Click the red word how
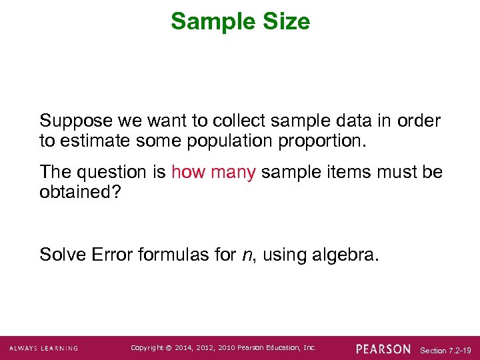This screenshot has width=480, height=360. pyautogui.click(x=188, y=172)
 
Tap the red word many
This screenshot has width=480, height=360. pyautogui.click(x=233, y=172)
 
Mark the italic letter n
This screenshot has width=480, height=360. pyautogui.click(x=244, y=255)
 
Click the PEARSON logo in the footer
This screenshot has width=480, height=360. pyautogui.click(x=383, y=349)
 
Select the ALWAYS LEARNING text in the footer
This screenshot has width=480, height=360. pyautogui.click(x=43, y=349)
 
